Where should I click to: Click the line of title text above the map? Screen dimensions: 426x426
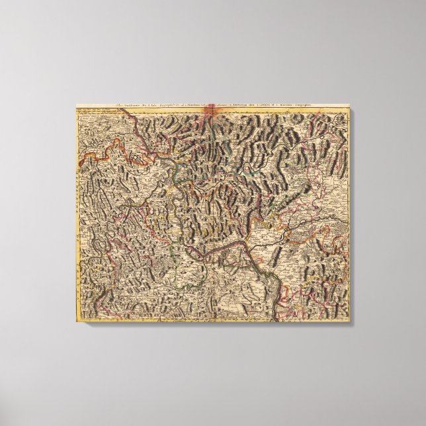212,105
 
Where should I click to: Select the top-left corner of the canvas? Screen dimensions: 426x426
75,103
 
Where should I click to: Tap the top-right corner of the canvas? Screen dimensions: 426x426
350,103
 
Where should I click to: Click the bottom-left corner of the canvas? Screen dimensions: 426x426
75,322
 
